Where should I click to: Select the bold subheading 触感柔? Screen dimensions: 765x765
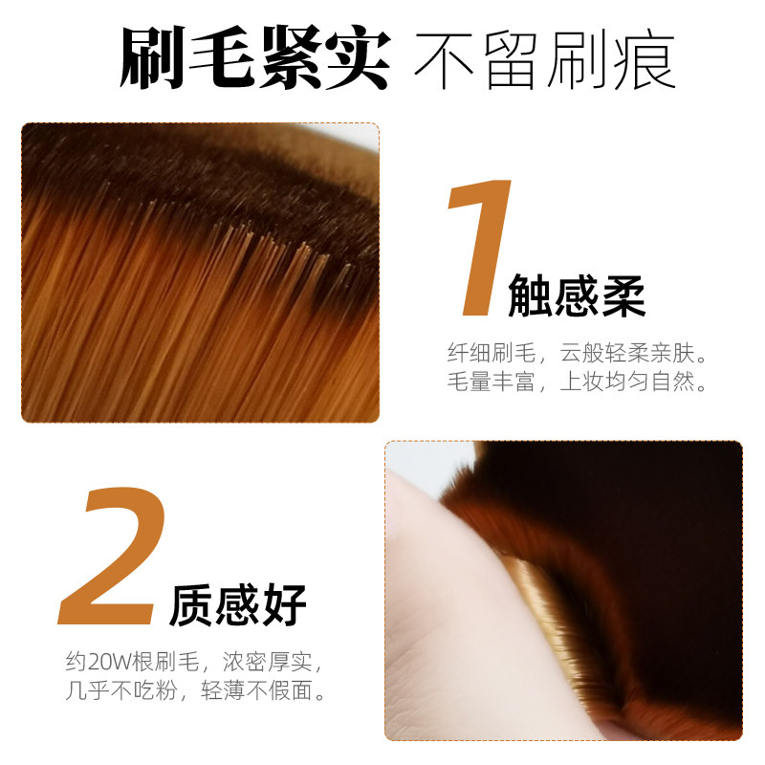[x=577, y=295]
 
